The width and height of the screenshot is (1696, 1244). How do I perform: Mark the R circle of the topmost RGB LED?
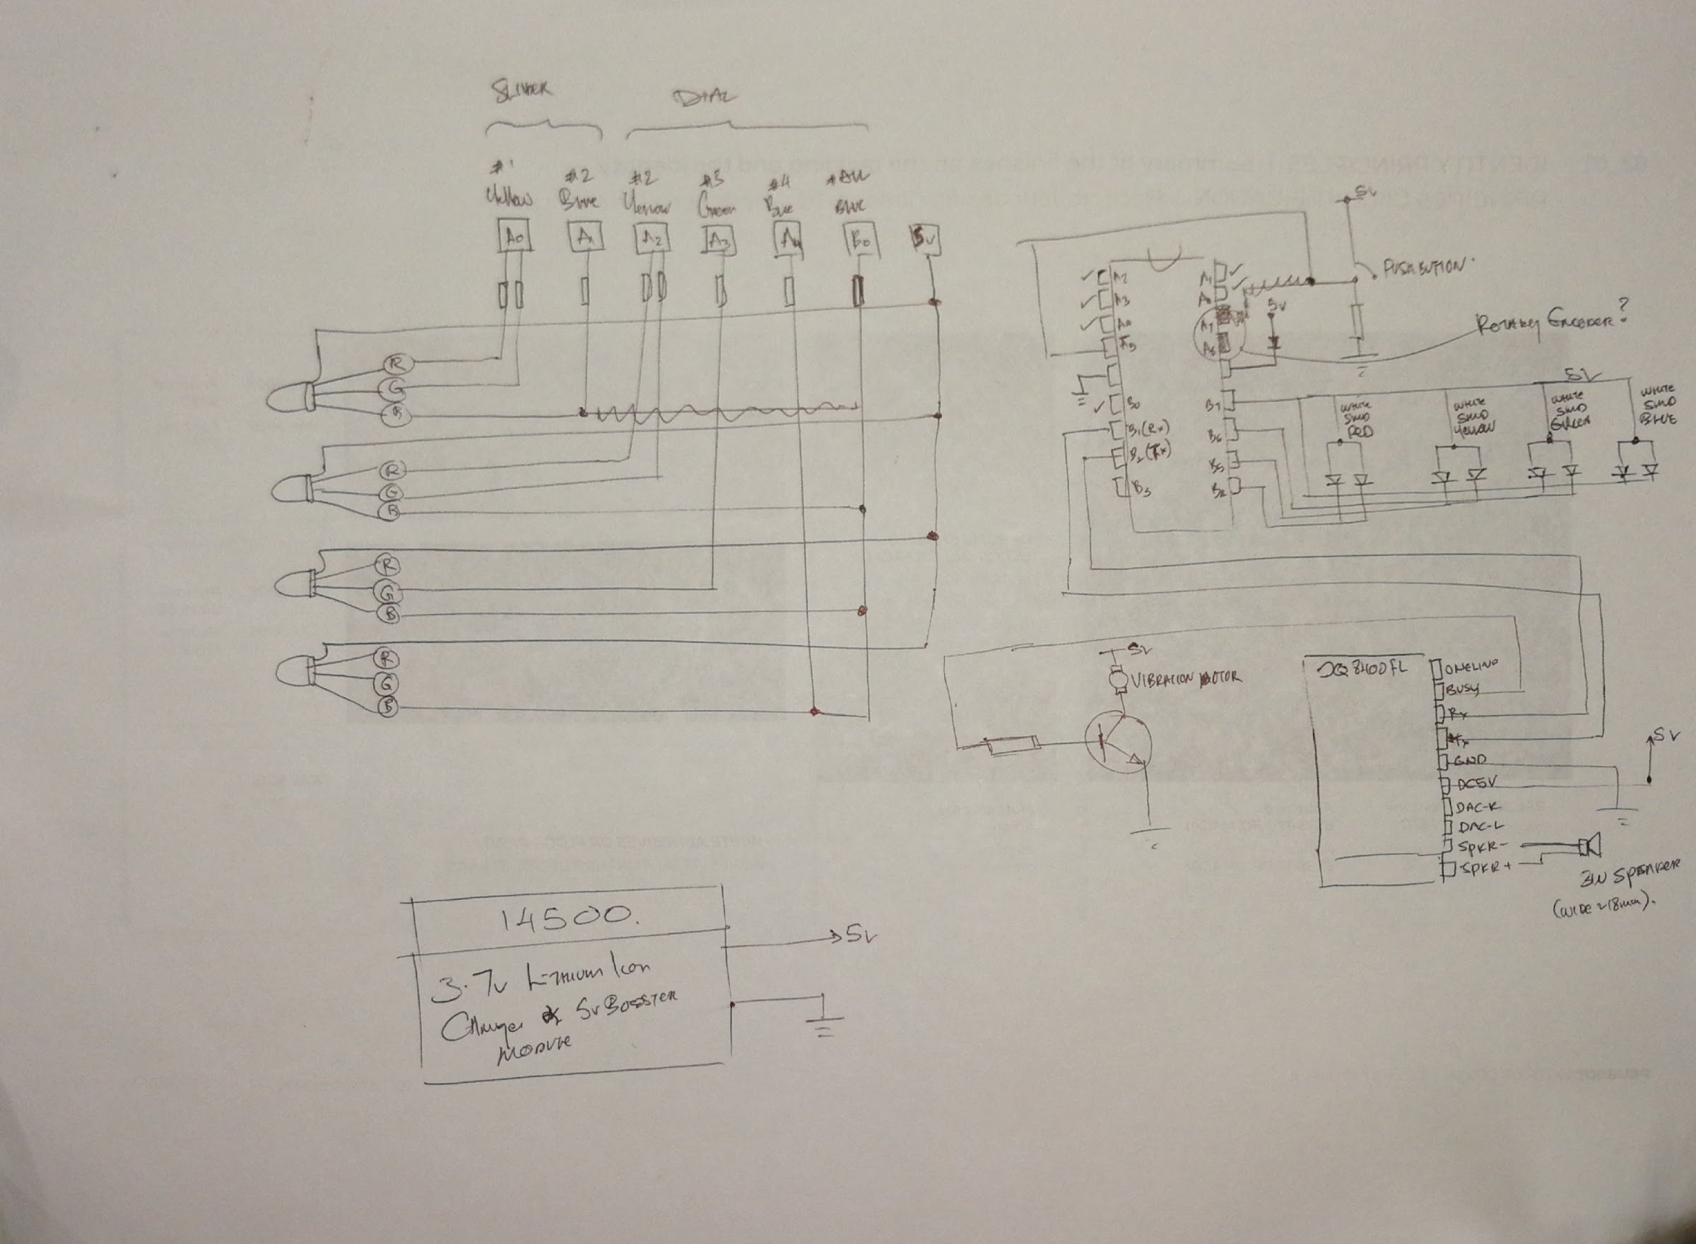396,364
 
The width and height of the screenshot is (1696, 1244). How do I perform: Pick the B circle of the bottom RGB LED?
387,707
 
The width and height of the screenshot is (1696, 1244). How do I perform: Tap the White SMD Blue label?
1659,406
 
